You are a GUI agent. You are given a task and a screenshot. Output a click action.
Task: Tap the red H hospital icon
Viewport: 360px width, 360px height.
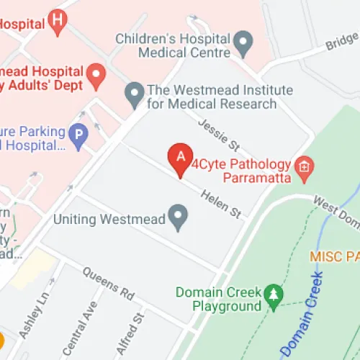[58, 22]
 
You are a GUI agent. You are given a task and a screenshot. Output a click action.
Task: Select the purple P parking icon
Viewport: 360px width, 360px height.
[77, 133]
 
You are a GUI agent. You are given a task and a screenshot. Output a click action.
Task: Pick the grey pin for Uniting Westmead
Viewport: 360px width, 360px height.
[177, 215]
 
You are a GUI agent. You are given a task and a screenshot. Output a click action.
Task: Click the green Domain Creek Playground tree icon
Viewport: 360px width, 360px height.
[273, 294]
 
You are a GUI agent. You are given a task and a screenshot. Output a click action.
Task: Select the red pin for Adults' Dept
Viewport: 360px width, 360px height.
[95, 74]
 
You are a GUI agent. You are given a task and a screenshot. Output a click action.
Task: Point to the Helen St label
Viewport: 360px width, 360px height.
[220, 202]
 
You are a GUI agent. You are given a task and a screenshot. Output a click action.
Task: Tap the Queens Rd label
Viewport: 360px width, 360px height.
[108, 285]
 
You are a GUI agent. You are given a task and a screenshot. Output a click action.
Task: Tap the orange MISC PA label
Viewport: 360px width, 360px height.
[334, 256]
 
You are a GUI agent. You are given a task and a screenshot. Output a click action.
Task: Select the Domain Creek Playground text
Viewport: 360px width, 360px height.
[217, 300]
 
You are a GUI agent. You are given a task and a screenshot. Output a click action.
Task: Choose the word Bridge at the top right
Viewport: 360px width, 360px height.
[341, 42]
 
